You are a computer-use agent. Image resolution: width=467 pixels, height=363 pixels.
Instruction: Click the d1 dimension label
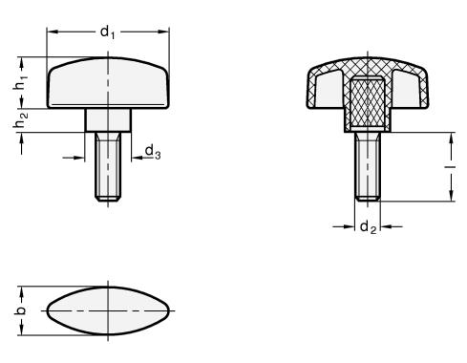pos(107,32)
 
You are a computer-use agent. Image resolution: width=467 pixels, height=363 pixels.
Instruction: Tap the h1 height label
pos(21,82)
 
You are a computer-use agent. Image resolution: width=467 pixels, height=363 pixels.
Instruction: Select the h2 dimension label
pos(21,120)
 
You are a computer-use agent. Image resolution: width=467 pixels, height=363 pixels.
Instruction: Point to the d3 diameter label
pos(153,151)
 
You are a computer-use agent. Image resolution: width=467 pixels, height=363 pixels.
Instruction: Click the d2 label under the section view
pos(369,227)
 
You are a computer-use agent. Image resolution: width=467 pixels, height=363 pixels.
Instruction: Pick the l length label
pos(451,167)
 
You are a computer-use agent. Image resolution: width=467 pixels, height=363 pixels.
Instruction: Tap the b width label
pos(20,310)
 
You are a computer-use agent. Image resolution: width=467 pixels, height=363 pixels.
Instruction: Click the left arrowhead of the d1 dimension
pos(52,32)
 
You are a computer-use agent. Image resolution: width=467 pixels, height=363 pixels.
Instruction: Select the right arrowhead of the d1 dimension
pos(163,32)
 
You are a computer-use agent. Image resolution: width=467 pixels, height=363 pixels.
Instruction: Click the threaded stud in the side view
pos(108,166)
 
